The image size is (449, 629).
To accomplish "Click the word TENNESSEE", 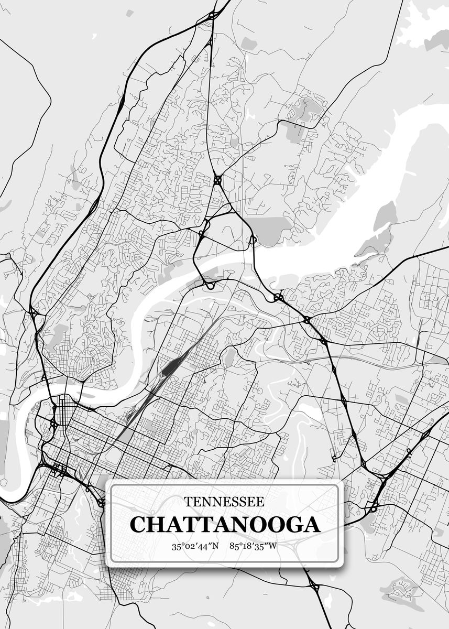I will [x=224, y=502].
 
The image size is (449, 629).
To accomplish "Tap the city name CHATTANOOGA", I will [x=225, y=524].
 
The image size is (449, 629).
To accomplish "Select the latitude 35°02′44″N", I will [x=195, y=546].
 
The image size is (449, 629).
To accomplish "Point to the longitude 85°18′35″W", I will [x=254, y=546].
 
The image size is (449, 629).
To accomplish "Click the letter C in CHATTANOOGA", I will [x=138, y=524].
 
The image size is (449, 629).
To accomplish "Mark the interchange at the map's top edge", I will [x=213, y=16].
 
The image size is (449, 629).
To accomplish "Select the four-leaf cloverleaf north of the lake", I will [x=217, y=180].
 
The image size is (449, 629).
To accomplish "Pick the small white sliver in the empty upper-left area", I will [x=93, y=36].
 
